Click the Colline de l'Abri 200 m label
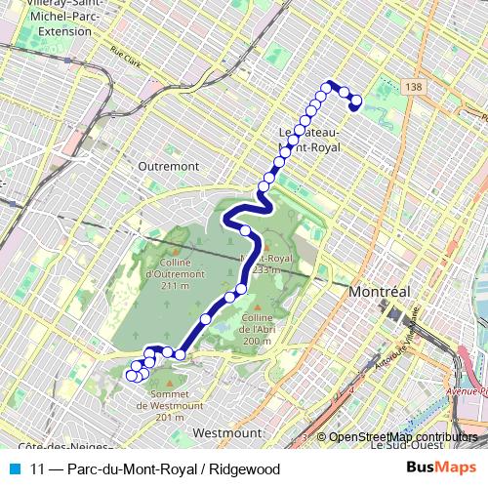click(x=257, y=330)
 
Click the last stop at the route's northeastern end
click(x=355, y=101)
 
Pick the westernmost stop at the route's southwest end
click(x=132, y=375)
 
